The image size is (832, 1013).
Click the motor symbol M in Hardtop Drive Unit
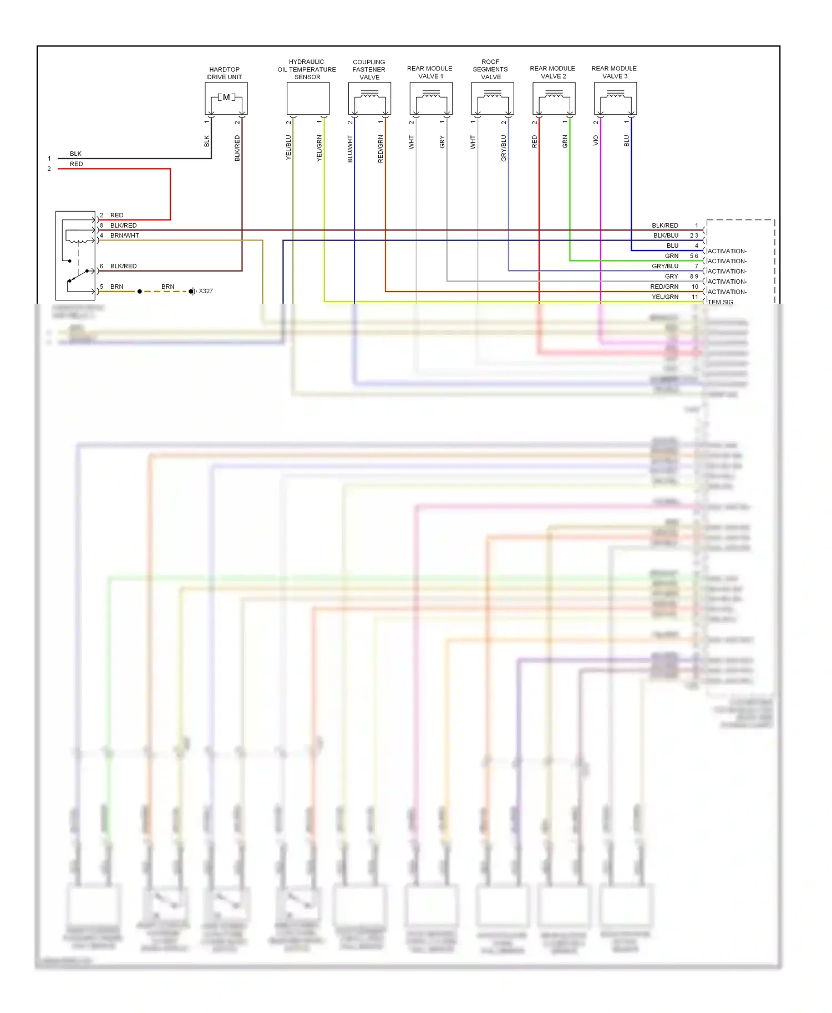click(226, 98)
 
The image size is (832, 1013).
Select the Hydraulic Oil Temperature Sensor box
click(308, 98)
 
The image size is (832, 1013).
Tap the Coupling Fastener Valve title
click(369, 70)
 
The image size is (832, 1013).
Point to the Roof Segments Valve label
click(490, 70)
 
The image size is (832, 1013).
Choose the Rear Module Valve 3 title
click(614, 73)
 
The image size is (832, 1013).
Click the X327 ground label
click(206, 291)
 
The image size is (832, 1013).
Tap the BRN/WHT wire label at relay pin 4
click(125, 236)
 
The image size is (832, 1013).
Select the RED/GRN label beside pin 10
click(664, 286)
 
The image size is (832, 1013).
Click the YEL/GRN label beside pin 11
click(664, 297)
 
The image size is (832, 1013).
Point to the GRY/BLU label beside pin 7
click(664, 266)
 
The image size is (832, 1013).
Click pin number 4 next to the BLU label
click(697, 245)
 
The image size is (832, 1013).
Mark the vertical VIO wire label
click(596, 140)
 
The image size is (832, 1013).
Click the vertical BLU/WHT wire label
click(350, 149)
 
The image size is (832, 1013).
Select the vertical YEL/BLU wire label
click(288, 147)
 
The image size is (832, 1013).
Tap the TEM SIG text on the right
click(721, 302)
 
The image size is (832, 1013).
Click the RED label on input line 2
click(76, 164)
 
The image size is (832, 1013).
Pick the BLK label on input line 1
click(75, 154)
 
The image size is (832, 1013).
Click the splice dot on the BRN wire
click(140, 291)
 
